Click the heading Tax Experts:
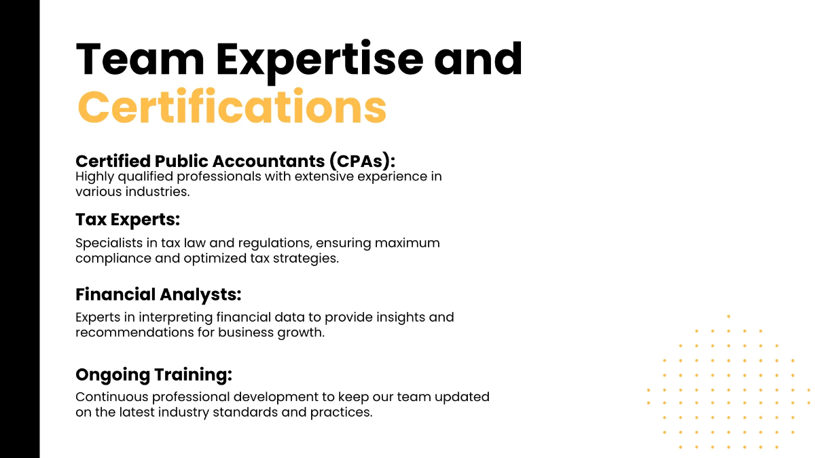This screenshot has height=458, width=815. pos(127,220)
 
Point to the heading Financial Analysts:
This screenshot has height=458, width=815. pos(158,294)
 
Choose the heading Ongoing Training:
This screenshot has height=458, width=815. pos(153,375)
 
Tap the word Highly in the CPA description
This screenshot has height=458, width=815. pos(94,177)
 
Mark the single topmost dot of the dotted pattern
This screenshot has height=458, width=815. pos(729,316)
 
